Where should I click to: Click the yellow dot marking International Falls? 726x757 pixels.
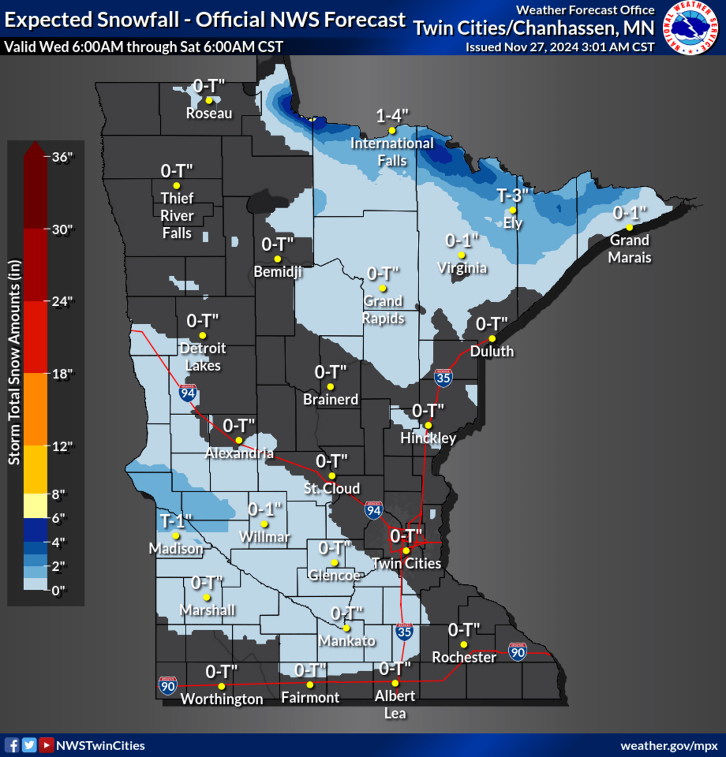[392, 131]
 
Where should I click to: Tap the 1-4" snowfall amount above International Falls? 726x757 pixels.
[392, 116]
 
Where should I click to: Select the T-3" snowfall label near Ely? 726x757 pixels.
[512, 196]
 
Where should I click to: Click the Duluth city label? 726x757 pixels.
[492, 351]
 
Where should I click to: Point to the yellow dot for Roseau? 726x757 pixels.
[209, 100]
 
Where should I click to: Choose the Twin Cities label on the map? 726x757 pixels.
[406, 563]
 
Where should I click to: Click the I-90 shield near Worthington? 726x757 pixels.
[168, 686]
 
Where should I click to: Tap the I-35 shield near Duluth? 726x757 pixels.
[443, 377]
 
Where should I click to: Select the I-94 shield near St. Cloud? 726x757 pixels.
[374, 510]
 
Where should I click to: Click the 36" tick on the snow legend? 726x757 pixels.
[61, 157]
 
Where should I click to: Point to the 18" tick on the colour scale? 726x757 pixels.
[61, 373]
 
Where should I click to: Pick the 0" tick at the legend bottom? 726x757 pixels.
[58, 590]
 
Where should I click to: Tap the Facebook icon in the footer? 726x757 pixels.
[11, 745]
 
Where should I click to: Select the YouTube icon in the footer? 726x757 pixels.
[46, 745]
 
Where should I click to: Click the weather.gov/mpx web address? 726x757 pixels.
[669, 746]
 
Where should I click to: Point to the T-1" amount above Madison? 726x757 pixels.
[176, 521]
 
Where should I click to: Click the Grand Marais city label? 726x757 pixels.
[629, 249]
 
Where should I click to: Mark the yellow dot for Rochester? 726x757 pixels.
[464, 645]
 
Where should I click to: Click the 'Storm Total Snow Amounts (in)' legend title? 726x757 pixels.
[15, 363]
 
